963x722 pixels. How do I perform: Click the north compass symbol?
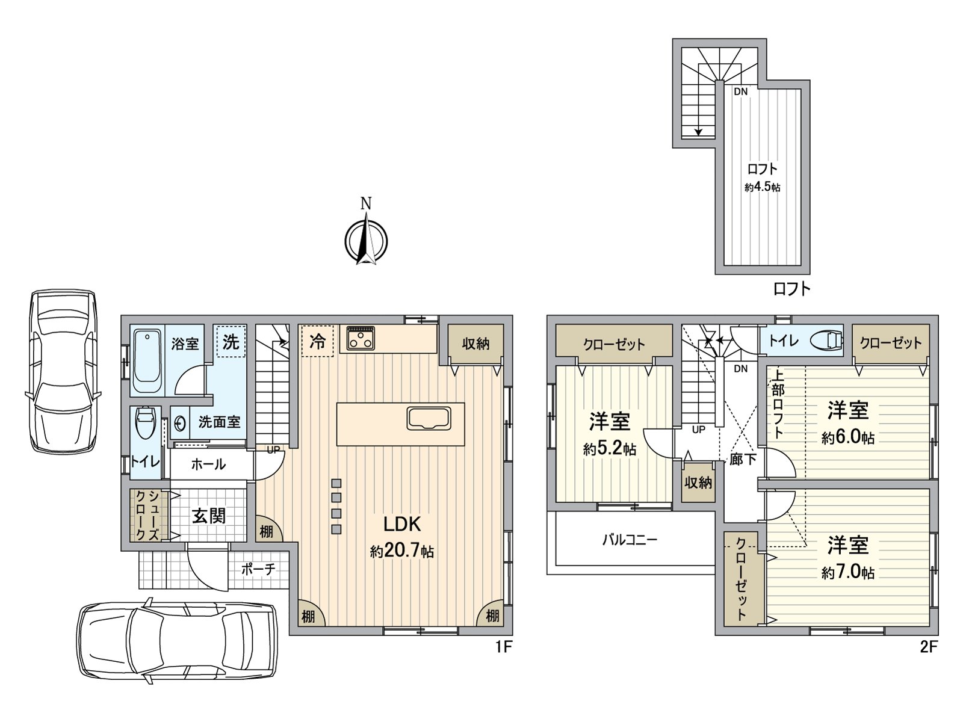pos(365,240)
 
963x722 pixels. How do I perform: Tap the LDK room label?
pos(402,524)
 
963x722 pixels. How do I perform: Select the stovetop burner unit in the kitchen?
pos(361,338)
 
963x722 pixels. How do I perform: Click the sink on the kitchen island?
pos(429,418)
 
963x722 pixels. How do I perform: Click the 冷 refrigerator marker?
pos(317,342)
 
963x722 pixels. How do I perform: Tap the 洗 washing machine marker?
pos(231,342)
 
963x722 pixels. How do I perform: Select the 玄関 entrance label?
pos(209,516)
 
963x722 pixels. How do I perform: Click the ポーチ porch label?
pos(258,569)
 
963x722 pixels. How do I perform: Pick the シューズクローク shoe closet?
pos(146,515)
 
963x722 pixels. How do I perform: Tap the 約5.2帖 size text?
pos(609,449)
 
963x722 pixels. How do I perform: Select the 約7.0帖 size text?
pos(847,572)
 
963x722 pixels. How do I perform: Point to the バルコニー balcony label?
pos(630,540)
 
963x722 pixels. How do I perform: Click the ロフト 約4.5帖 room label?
pos(762,177)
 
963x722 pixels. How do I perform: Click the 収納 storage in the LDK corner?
pos(475,344)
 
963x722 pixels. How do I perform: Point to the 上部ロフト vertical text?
pos(778,403)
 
